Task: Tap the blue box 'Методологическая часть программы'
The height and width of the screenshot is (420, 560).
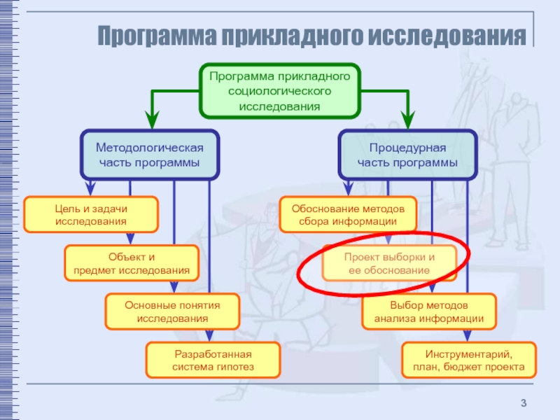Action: (149, 155)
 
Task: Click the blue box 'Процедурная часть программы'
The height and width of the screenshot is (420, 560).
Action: (407, 155)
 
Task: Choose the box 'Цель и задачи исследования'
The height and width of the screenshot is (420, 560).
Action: (91, 214)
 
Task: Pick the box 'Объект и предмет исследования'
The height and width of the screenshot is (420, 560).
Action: (132, 262)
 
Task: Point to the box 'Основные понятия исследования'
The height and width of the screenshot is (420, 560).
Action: (172, 311)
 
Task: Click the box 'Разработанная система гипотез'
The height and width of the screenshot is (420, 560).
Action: (213, 360)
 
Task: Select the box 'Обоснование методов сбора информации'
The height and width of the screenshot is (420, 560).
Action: (348, 214)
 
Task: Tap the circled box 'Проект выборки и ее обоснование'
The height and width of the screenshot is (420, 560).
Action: (388, 263)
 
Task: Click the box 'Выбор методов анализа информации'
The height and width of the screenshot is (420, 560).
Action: (428, 311)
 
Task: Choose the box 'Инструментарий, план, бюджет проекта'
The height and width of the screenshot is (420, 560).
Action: (469, 360)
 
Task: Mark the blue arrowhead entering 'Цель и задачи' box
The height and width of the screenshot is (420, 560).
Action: (90, 190)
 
